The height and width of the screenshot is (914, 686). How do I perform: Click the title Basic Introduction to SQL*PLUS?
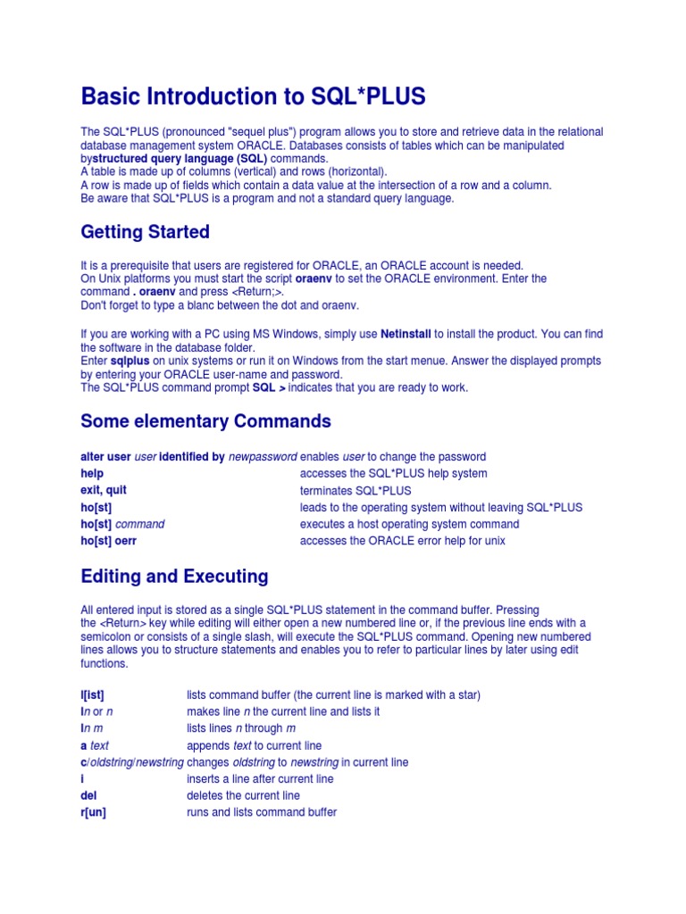point(253,96)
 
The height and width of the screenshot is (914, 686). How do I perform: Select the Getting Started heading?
point(145,232)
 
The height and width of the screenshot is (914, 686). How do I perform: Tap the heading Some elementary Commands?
point(205,421)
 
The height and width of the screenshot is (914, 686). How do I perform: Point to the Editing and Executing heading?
point(174,576)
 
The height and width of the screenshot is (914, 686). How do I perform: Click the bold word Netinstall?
point(406,334)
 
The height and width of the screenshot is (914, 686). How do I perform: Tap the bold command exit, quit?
point(105,490)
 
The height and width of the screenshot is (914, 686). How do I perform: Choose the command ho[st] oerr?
point(108,541)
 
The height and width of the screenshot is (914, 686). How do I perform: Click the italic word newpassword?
point(263,456)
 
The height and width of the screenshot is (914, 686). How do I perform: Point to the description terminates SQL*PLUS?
point(356,491)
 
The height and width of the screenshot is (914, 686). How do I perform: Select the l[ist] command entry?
point(92,694)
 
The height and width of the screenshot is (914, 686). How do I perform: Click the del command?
point(89,795)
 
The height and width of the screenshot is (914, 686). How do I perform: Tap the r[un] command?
point(93,812)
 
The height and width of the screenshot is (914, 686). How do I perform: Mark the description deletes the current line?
point(243,795)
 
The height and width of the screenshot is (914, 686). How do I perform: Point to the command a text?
point(95,745)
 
